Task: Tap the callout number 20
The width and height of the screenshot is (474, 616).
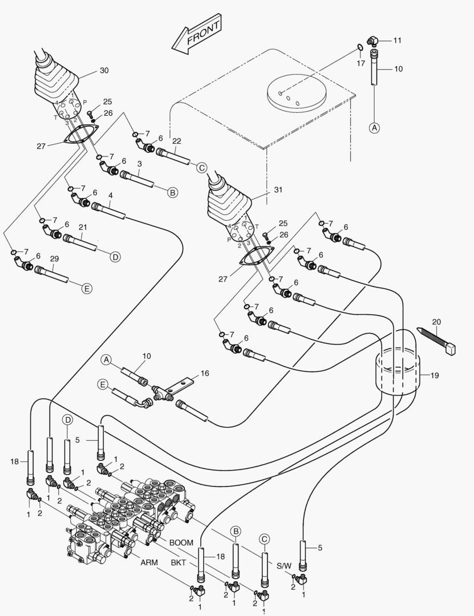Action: (436, 322)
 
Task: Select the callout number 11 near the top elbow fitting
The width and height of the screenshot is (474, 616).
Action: (398, 40)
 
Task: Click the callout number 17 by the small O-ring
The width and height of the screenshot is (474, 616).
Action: (360, 63)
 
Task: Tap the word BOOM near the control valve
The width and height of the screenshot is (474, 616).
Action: (181, 542)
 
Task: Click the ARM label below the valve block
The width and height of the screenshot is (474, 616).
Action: (149, 562)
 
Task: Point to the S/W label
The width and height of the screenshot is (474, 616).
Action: (283, 566)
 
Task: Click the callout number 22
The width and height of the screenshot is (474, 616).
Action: (176, 141)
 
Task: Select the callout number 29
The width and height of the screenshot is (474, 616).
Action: (54, 258)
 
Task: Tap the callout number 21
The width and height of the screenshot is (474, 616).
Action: (83, 227)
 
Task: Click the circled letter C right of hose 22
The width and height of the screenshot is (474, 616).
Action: (201, 167)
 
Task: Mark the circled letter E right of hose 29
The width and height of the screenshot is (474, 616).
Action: (87, 289)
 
